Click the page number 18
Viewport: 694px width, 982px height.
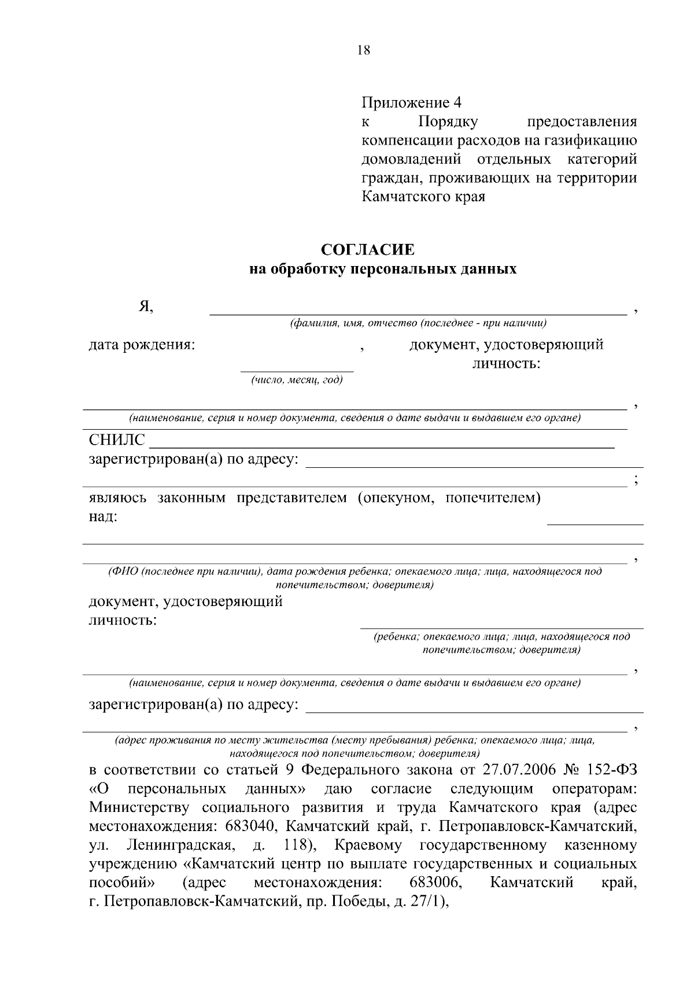pos(364,50)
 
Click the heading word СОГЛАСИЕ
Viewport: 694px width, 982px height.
pos(368,250)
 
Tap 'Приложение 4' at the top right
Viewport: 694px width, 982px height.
pos(411,103)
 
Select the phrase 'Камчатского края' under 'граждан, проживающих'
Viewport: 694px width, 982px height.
pos(423,197)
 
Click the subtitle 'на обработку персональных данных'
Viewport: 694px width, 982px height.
pos(382,269)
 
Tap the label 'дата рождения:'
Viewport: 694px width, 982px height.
pos(142,345)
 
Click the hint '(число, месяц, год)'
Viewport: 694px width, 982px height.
pos(297,380)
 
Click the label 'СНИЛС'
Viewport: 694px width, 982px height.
pos(117,441)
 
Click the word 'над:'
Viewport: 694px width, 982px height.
pos(103,516)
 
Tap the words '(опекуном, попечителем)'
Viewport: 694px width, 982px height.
pos(448,498)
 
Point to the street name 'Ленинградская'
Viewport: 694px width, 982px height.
pos(180,845)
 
